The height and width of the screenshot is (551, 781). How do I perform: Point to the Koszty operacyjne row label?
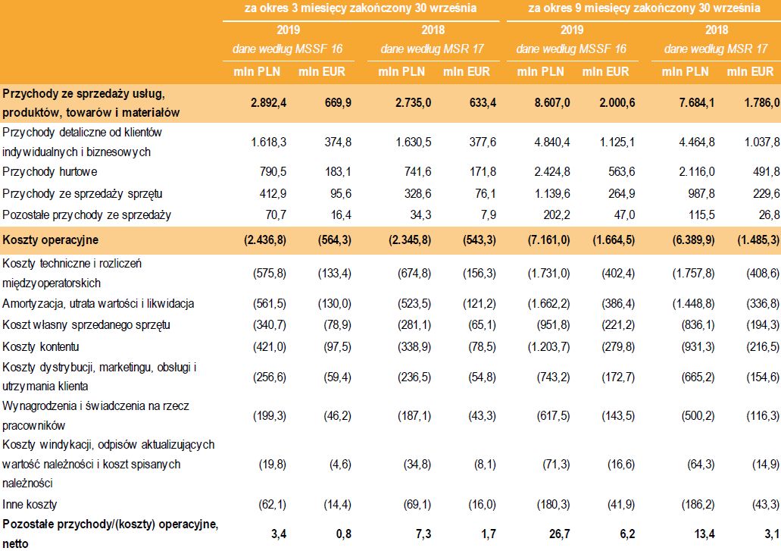(x=50, y=240)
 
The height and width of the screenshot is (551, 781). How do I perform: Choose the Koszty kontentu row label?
(x=36, y=346)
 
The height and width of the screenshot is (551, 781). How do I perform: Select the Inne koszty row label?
(x=30, y=504)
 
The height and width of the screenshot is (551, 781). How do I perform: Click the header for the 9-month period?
(x=644, y=9)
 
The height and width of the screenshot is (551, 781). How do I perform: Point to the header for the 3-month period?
(x=360, y=9)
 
